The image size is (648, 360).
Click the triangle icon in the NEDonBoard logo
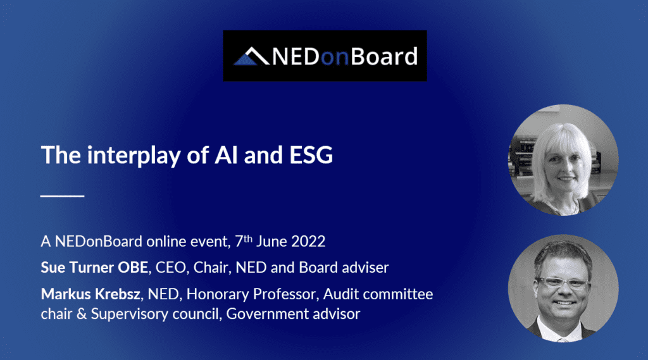(x=251, y=56)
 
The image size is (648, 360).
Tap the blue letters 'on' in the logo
(x=335, y=58)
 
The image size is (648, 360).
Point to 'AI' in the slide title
(x=226, y=155)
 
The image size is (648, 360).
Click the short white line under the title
(x=63, y=196)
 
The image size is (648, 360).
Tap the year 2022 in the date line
(x=308, y=242)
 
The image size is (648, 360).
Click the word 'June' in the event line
(x=271, y=242)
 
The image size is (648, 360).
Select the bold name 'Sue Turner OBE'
(x=94, y=268)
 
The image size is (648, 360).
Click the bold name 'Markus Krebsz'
(x=90, y=294)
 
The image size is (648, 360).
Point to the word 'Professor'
(x=285, y=294)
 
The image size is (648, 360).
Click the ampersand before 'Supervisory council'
(x=82, y=314)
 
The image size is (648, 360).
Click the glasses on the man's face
(x=563, y=283)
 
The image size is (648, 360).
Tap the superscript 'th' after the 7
(x=247, y=238)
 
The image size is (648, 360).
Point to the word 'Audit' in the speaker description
(x=340, y=294)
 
